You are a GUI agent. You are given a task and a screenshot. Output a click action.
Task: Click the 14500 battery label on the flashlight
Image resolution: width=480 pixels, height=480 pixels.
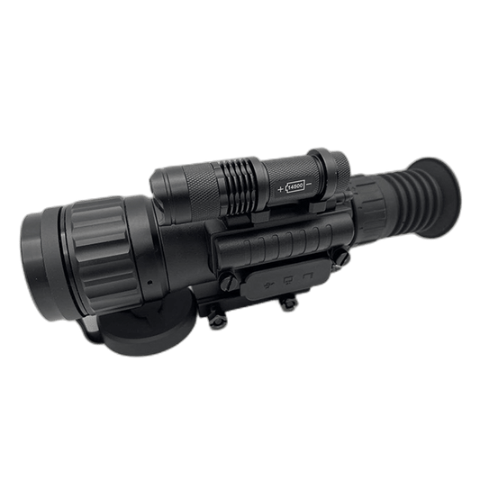click(298, 186)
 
